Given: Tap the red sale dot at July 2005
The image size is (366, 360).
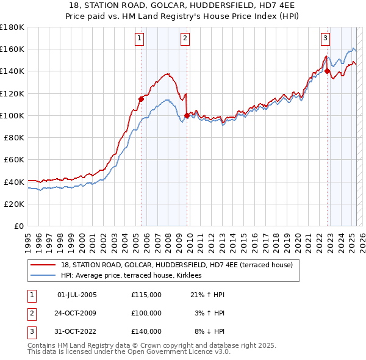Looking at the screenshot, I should click(x=141, y=98).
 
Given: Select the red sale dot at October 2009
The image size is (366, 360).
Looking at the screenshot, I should click(x=187, y=115).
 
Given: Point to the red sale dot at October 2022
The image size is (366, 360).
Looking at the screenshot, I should click(x=327, y=71).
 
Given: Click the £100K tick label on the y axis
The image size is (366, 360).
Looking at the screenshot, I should click(x=12, y=115).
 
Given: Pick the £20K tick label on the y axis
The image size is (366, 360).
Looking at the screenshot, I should click(x=14, y=204).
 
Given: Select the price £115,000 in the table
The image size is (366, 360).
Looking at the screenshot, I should click(x=146, y=295).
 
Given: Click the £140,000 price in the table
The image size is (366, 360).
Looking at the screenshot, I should click(x=146, y=331).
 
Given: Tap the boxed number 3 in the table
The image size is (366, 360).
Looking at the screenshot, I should click(x=30, y=331).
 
